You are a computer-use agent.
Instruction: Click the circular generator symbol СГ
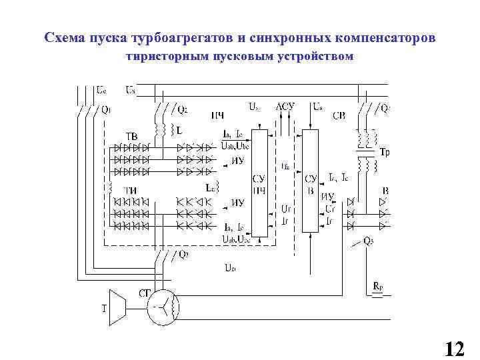[x=163, y=307]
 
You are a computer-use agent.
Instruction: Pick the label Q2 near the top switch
[x=182, y=109]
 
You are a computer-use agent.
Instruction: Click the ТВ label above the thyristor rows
[x=131, y=136]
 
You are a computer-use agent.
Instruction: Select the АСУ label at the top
[x=286, y=106]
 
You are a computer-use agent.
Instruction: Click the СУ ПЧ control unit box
[x=261, y=182]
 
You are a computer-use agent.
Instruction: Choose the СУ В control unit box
[x=310, y=181]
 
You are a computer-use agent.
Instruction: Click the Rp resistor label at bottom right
[x=378, y=287]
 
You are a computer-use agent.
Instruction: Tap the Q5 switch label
[x=368, y=241]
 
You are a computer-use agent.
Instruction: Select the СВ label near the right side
[x=339, y=115]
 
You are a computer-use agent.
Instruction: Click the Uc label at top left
[x=100, y=89]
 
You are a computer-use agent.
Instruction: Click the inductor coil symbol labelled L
[x=159, y=127]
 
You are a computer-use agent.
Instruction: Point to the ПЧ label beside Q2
[x=217, y=115]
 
